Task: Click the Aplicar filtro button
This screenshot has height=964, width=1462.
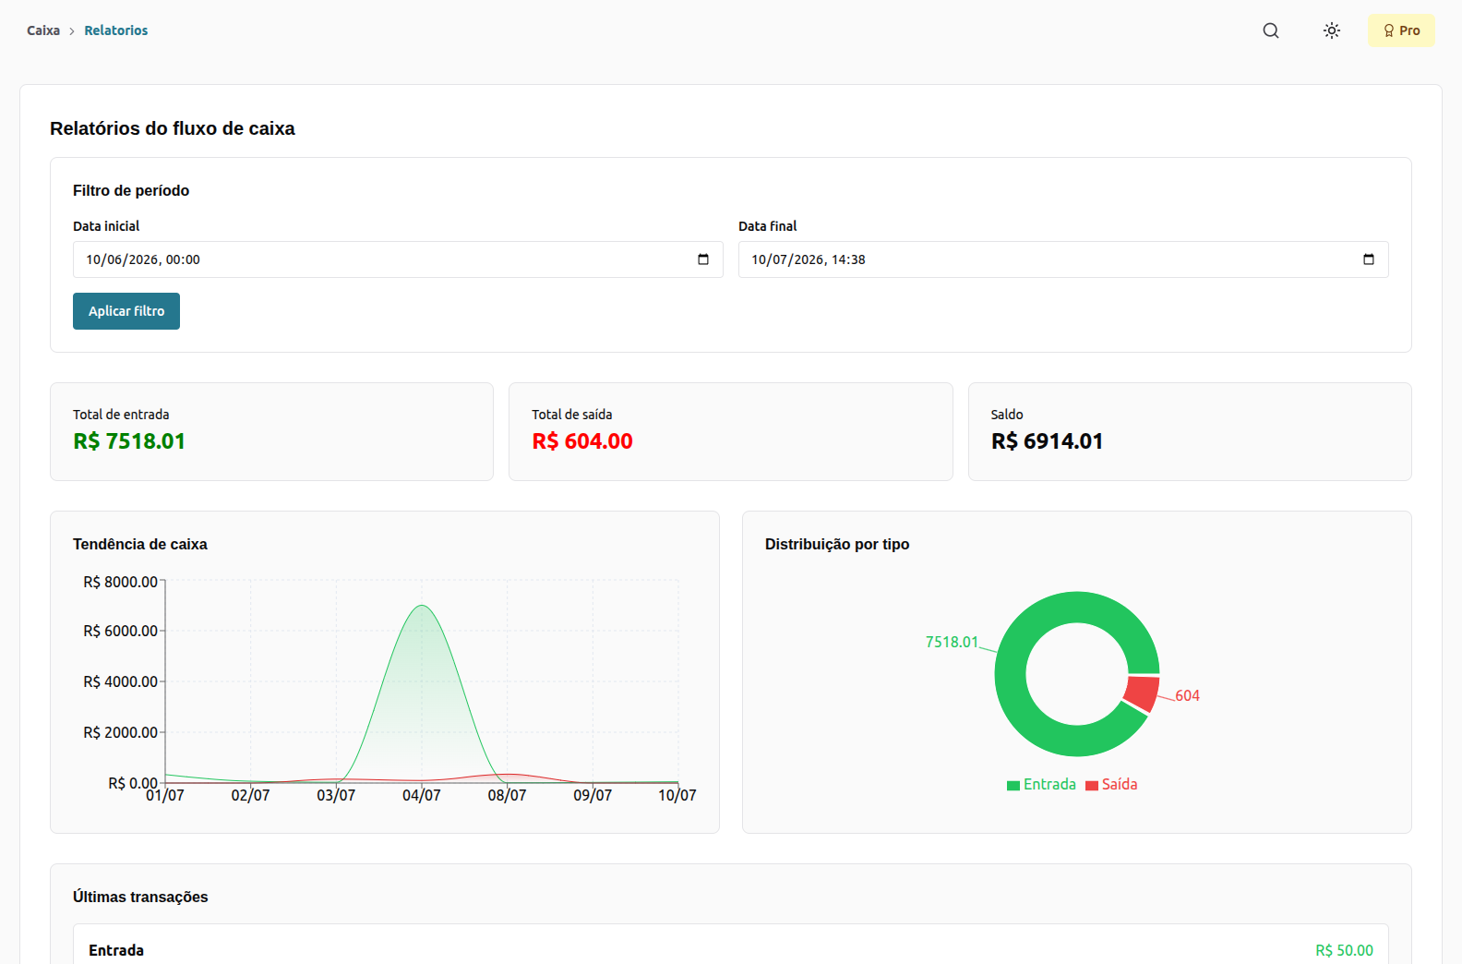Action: coord(126,311)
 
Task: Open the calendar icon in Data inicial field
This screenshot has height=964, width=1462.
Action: coord(703,259)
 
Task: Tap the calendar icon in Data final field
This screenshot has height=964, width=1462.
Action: coord(1369,259)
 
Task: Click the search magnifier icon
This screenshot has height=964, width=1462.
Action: coord(1271,30)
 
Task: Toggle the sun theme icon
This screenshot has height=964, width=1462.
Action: coord(1332,30)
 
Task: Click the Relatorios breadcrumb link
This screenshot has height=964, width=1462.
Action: coord(116,30)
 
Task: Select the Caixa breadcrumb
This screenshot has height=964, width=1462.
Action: coord(43,30)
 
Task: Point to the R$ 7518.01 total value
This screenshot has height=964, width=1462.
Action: coord(129,441)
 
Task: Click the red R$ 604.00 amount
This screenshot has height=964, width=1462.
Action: coord(582,441)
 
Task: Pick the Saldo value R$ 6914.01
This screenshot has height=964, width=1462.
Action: coord(1047,441)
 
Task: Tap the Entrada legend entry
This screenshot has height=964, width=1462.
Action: coord(1042,784)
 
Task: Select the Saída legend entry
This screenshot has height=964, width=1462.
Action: coord(1111,784)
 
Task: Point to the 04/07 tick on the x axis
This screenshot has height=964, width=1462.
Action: coord(422,796)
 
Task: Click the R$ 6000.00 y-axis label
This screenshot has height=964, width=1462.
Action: coord(121,631)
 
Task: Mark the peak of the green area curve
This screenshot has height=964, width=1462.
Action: coord(423,606)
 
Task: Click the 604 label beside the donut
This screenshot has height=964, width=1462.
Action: coord(1187,696)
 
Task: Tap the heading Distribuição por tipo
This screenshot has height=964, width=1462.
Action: coord(837,544)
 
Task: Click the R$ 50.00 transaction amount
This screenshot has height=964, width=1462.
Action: coord(1344,950)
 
